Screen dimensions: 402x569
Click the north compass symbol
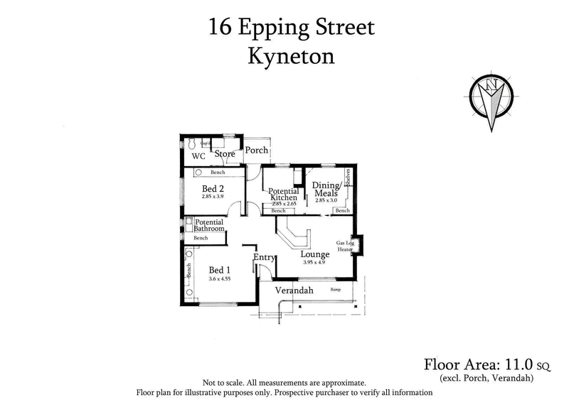pyautogui.click(x=491, y=99)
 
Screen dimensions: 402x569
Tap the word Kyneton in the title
pyautogui.click(x=291, y=56)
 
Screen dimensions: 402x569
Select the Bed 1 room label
pyautogui.click(x=219, y=270)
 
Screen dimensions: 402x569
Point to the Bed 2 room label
pyautogui.click(x=213, y=188)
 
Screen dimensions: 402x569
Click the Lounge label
pyautogui.click(x=314, y=254)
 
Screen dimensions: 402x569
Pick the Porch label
pyautogui.click(x=257, y=151)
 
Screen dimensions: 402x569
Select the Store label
pyautogui.click(x=225, y=154)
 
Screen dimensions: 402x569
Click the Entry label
pyautogui.click(x=264, y=257)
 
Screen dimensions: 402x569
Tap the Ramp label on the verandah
pyautogui.click(x=336, y=290)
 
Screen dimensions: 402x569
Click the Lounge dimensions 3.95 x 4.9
pyautogui.click(x=313, y=263)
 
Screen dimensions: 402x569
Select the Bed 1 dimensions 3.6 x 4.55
pyautogui.click(x=219, y=278)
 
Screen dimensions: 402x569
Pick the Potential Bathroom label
pyautogui.click(x=209, y=225)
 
